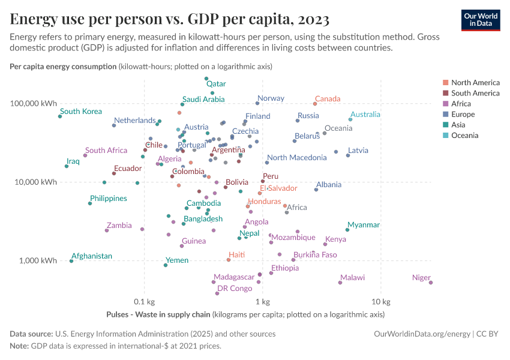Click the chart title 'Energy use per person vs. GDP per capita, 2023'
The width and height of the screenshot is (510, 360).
(169, 19)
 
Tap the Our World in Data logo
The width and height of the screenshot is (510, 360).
(480, 20)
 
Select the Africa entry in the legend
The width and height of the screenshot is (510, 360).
(461, 104)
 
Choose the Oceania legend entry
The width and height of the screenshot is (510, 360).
(464, 136)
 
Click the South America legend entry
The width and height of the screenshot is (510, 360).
(475, 93)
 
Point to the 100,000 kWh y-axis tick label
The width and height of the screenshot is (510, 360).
(33, 103)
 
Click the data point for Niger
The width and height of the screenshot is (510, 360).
(431, 283)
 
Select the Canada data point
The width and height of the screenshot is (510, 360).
(315, 104)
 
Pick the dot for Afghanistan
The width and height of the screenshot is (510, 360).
(71, 261)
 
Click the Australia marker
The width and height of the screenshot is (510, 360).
(350, 119)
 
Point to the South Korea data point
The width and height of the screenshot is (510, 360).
(60, 116)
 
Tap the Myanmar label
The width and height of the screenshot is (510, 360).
(364, 225)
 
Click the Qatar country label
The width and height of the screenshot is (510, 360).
(216, 85)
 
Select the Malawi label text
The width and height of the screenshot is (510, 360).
(352, 278)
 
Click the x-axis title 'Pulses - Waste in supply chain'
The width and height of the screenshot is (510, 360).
(158, 314)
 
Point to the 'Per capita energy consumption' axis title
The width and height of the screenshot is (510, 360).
(63, 66)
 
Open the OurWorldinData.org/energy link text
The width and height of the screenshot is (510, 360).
(422, 334)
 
